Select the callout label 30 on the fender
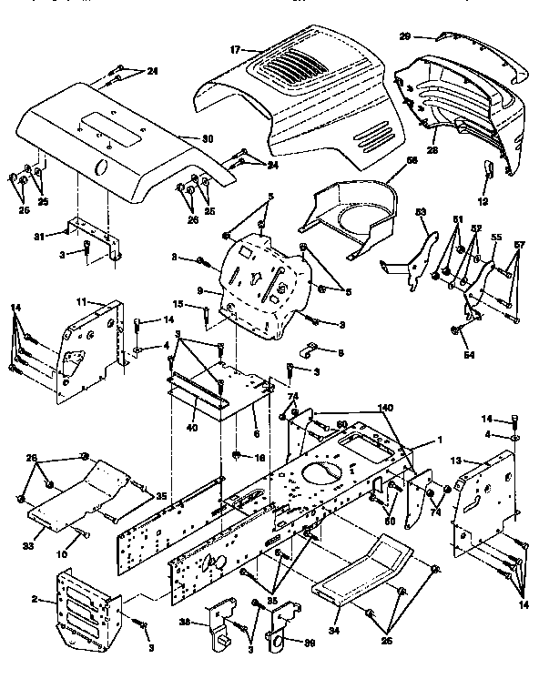(x=208, y=138)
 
